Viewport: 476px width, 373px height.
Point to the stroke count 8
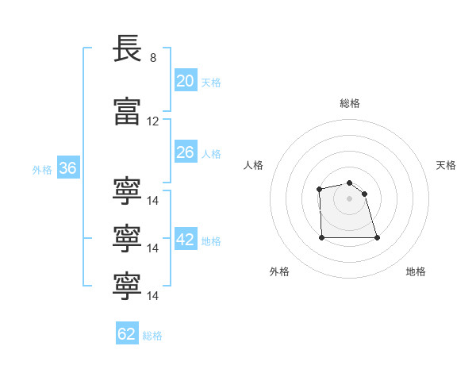tap(153, 58)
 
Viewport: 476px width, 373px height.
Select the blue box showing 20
tap(186, 81)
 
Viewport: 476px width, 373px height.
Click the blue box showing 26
tap(186, 152)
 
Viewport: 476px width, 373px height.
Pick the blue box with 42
tap(186, 240)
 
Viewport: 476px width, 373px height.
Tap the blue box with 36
tap(67, 168)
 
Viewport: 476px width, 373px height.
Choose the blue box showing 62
tap(127, 334)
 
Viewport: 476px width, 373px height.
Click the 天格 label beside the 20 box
tap(210, 83)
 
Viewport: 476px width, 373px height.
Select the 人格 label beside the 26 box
tap(210, 154)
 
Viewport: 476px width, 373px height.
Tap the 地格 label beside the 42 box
tap(210, 241)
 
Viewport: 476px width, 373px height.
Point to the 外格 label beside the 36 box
tap(42, 170)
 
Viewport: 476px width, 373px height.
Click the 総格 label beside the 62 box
tap(152, 336)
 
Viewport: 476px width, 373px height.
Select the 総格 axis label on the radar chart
tap(349, 103)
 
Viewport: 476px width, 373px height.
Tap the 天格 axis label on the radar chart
tap(447, 165)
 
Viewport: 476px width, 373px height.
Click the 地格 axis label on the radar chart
tap(416, 271)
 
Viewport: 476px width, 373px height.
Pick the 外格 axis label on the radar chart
tap(279, 271)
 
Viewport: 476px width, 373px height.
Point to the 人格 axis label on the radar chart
tap(253, 165)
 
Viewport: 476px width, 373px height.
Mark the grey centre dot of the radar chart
tap(349, 198)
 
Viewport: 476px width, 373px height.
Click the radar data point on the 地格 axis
tap(377, 237)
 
